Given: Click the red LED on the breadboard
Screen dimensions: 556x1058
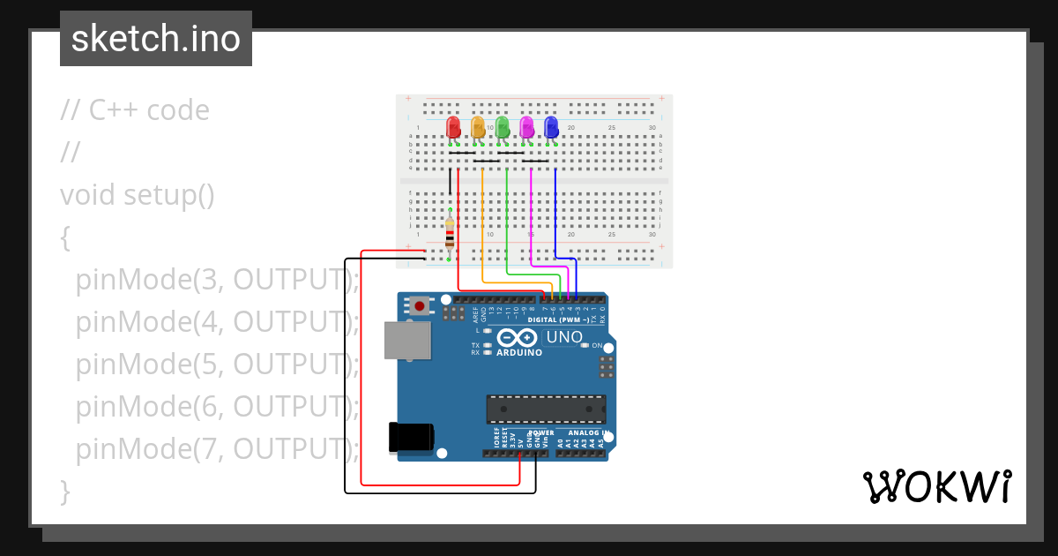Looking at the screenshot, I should (x=453, y=128).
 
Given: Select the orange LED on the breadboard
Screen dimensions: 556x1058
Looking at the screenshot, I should (x=478, y=128).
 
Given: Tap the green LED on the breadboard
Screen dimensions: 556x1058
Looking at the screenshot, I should (x=503, y=128).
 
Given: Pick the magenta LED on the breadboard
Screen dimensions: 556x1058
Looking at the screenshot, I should (x=527, y=128).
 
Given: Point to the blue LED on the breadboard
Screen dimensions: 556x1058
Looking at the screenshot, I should (x=552, y=128).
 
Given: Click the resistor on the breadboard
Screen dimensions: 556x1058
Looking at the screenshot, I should (x=450, y=234).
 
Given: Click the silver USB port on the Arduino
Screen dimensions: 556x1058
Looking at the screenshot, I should (x=407, y=341).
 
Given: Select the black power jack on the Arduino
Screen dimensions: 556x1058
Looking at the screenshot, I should (x=410, y=438).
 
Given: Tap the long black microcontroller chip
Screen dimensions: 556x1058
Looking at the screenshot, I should (x=547, y=409).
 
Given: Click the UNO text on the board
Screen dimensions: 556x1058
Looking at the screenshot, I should (x=565, y=337).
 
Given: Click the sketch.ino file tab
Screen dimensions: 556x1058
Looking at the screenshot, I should (x=156, y=39).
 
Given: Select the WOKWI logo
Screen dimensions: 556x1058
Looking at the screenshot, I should (x=936, y=487).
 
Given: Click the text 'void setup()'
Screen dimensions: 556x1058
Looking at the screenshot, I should (x=138, y=194).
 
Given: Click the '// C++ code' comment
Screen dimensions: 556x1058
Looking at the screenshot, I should (x=135, y=110).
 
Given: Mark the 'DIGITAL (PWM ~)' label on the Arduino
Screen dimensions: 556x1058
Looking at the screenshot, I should (x=558, y=319).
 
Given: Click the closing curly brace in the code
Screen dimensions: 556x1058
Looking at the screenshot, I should (x=64, y=491).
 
